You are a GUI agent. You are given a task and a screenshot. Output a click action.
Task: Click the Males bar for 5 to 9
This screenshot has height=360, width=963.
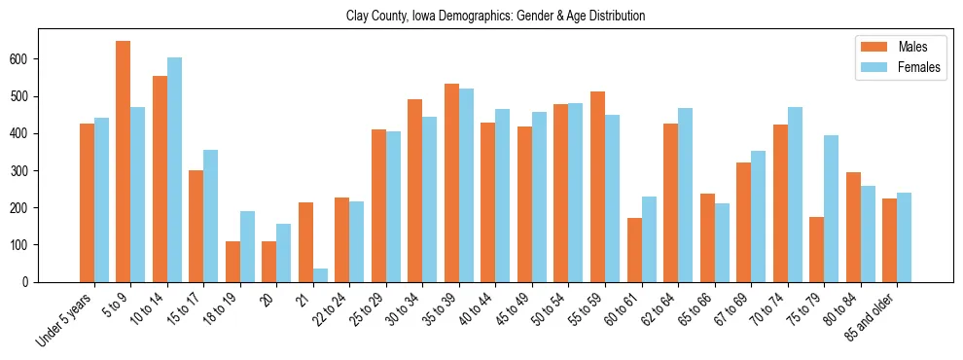pos(124,162)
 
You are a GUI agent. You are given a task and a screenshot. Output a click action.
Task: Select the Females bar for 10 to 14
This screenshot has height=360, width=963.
pos(174,169)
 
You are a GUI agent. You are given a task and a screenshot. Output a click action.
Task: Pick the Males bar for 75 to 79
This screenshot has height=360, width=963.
pos(817,249)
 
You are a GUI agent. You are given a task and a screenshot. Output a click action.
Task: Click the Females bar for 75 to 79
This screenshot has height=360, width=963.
pos(832,208)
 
